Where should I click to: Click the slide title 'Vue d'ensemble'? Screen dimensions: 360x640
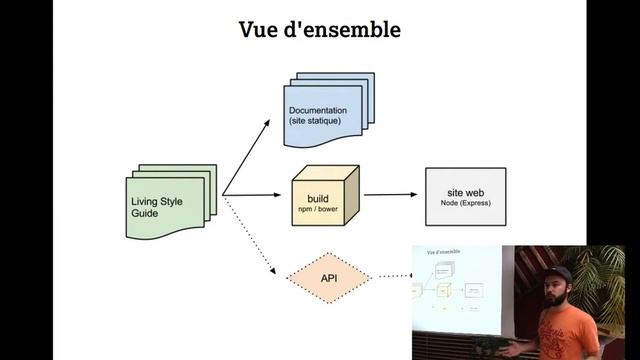(x=319, y=29)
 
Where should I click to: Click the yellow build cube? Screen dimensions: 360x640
(x=321, y=195)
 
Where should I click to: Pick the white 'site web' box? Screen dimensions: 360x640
(x=464, y=195)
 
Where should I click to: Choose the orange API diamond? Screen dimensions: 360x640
(x=328, y=277)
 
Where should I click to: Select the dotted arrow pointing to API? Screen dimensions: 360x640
(x=250, y=236)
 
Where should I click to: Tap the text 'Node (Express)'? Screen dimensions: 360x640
(x=464, y=203)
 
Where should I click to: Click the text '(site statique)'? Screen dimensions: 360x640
(x=316, y=121)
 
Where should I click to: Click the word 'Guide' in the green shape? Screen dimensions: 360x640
(x=146, y=214)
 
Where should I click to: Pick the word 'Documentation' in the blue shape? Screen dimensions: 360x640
(x=318, y=109)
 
